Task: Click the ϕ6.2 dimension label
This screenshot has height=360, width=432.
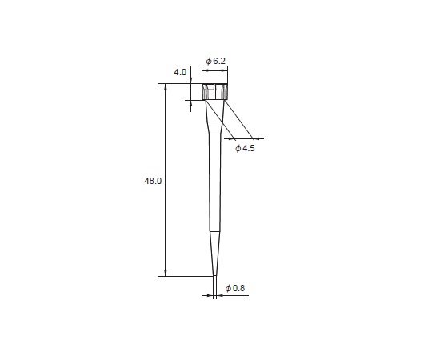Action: tap(216, 61)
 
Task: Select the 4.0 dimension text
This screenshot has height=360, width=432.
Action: tap(180, 72)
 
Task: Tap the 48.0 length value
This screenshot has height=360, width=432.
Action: tap(153, 181)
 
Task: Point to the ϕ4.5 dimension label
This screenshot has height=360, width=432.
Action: tap(245, 149)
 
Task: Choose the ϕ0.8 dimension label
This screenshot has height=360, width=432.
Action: tap(235, 288)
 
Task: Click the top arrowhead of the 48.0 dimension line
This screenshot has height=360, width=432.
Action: tap(166, 86)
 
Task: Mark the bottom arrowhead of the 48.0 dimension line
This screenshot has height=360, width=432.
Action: tap(166, 273)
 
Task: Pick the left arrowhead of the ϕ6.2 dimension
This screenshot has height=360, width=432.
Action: tap(206, 70)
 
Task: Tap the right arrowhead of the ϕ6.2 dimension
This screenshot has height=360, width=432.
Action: tap(225, 70)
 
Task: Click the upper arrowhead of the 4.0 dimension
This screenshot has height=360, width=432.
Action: tap(190, 80)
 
